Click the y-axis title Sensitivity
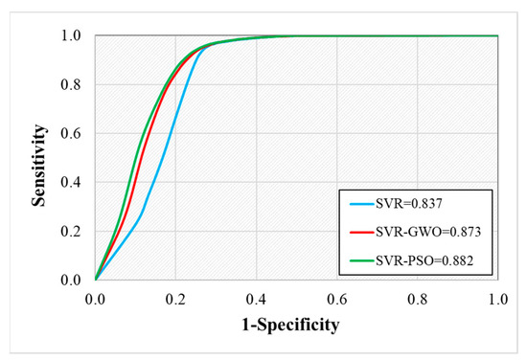pos(38,158)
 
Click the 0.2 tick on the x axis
pos(176,299)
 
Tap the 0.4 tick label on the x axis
pos(257,299)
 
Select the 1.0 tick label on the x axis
pos(497,299)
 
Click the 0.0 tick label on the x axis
pos(96,299)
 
